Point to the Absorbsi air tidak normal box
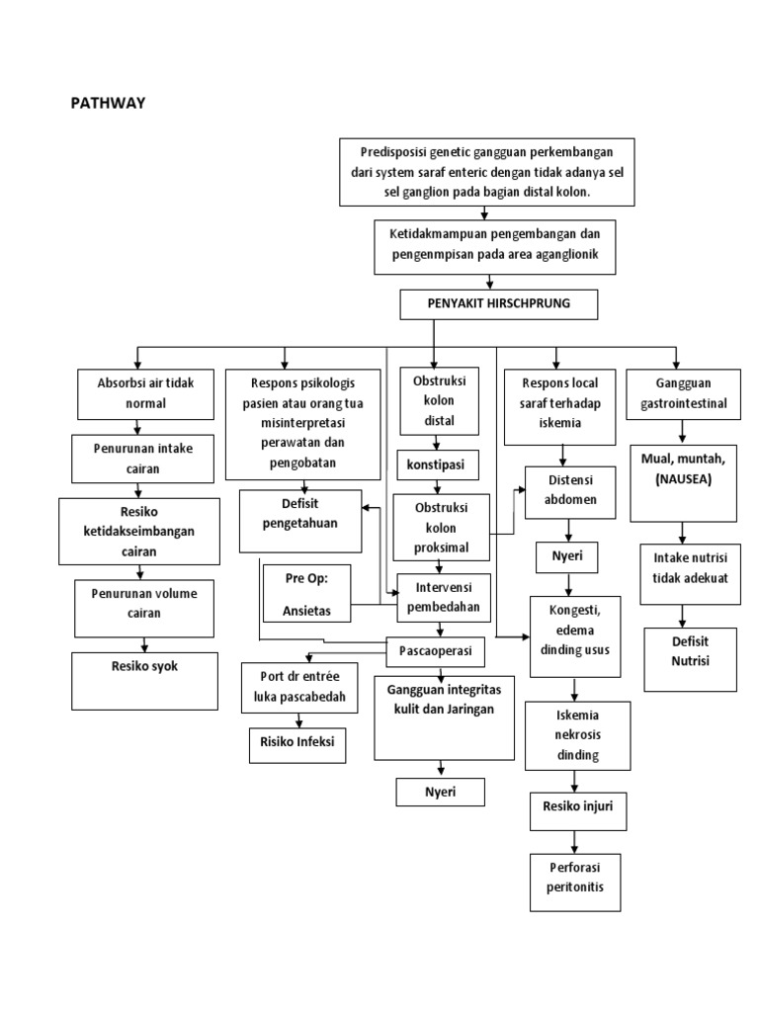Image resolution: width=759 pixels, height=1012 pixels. [x=132, y=392]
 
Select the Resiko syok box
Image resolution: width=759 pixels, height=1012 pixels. [x=145, y=680]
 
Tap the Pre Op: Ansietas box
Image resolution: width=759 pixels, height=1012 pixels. [x=306, y=593]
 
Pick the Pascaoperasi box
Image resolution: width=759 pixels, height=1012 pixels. [x=435, y=652]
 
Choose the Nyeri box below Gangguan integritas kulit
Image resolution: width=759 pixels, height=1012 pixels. [x=441, y=792]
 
